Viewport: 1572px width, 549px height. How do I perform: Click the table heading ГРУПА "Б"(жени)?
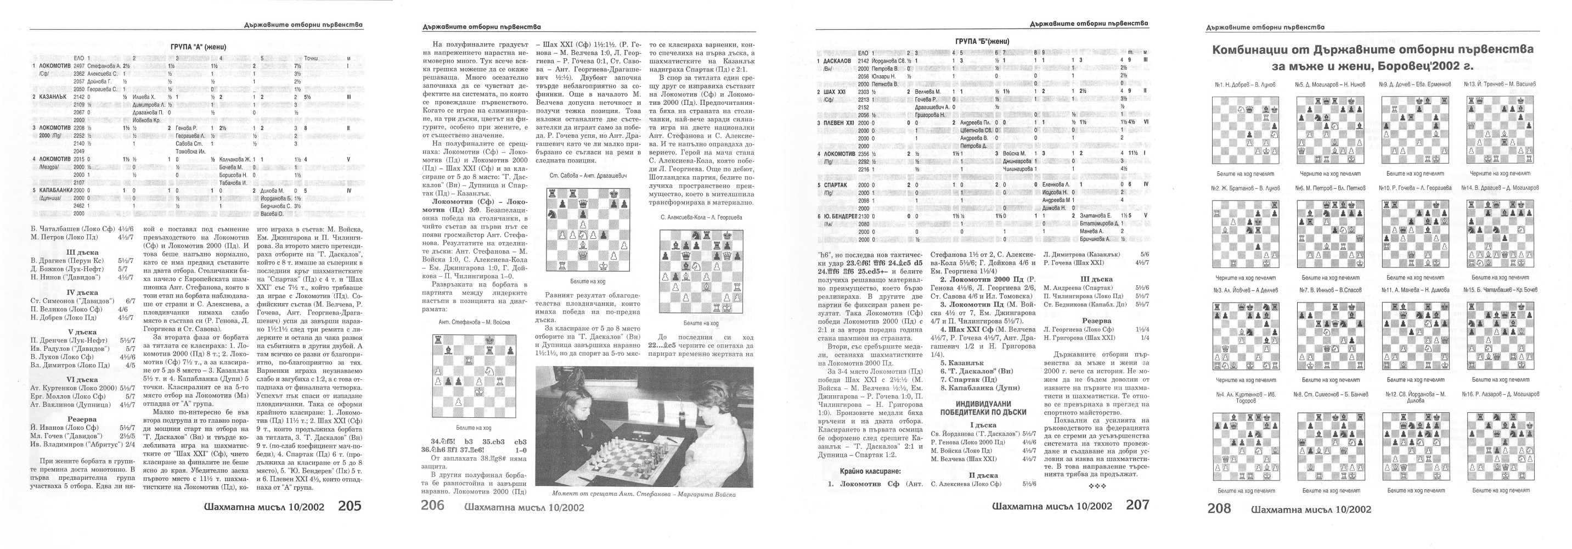(982, 42)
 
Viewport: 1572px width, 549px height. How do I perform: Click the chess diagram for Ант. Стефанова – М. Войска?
(474, 376)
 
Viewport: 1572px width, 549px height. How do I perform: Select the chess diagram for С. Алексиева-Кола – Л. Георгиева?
(701, 272)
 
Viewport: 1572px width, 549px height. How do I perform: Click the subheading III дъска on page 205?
(82, 252)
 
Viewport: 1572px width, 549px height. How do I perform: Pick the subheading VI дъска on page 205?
(82, 379)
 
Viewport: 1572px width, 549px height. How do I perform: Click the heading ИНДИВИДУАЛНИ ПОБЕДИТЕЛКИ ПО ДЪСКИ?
(983, 408)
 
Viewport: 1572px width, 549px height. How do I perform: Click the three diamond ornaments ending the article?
(1097, 486)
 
